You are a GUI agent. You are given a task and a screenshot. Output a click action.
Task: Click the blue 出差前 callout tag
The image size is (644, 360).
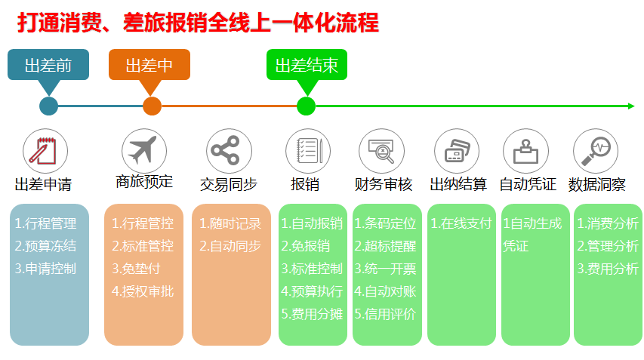pyautogui.click(x=48, y=65)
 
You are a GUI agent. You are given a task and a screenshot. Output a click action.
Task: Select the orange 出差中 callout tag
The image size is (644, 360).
pyautogui.click(x=149, y=65)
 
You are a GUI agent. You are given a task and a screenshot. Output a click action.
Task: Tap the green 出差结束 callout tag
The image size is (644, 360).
pyautogui.click(x=307, y=65)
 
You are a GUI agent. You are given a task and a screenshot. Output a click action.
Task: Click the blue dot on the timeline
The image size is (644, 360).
pyautogui.click(x=48, y=106)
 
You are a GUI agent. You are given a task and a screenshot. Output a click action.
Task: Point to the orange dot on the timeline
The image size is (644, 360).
pyautogui.click(x=152, y=106)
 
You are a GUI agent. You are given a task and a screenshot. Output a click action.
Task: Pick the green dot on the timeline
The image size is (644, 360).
pyautogui.click(x=306, y=106)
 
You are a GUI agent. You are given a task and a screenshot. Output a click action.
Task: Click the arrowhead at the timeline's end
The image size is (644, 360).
pyautogui.click(x=631, y=106)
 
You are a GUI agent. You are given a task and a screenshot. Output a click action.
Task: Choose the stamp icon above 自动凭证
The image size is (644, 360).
pyautogui.click(x=525, y=151)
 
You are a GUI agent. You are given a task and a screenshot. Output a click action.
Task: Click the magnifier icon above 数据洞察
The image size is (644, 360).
pyautogui.click(x=596, y=151)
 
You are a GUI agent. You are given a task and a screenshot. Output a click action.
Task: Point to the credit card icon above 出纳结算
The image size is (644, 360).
pyautogui.click(x=457, y=151)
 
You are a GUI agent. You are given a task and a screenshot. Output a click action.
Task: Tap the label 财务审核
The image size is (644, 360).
pyautogui.click(x=384, y=184)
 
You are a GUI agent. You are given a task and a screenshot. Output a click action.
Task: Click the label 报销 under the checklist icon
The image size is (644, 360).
pyautogui.click(x=305, y=184)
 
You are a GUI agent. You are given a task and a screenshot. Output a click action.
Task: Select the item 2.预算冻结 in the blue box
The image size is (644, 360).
pyautogui.click(x=45, y=246)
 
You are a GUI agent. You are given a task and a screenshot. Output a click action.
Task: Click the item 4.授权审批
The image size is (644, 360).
pyautogui.click(x=143, y=291)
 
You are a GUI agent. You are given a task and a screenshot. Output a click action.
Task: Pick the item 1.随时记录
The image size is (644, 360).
pyautogui.click(x=230, y=223)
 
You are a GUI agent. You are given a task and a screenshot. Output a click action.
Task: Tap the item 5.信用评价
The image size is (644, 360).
pyautogui.click(x=385, y=314)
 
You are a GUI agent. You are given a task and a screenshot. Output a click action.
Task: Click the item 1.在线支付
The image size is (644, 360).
pyautogui.click(x=461, y=223)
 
